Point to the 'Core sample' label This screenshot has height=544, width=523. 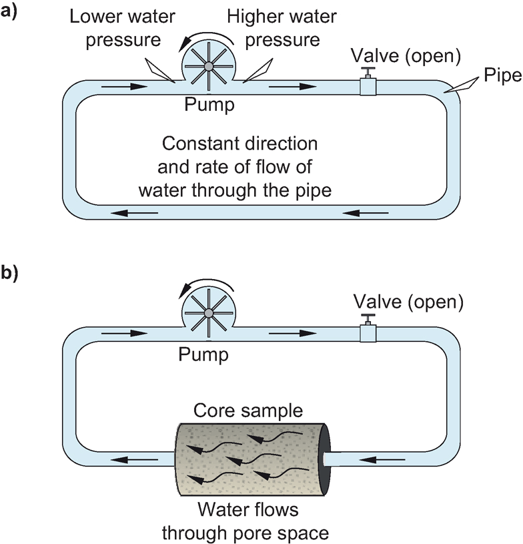(x=247, y=409)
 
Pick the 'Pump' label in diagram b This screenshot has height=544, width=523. (x=203, y=354)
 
